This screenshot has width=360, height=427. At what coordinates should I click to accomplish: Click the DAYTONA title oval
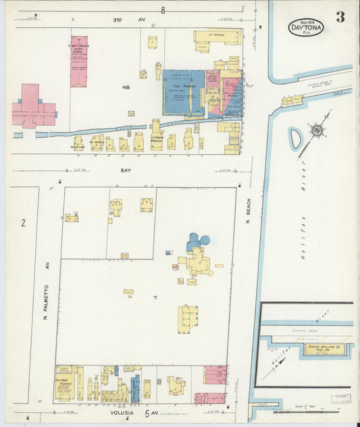pos(306,28)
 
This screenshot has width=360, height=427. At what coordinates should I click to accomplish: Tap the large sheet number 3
pos(340,18)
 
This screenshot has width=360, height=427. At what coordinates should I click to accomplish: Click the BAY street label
pos(126,171)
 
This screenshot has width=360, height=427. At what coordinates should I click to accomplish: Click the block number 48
pos(126,87)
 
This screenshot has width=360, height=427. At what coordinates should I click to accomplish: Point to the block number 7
pos(155,298)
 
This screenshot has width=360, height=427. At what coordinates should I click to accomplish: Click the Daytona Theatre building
pos(66,384)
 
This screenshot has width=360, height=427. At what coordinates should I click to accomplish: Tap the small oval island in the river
pos(295,139)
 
